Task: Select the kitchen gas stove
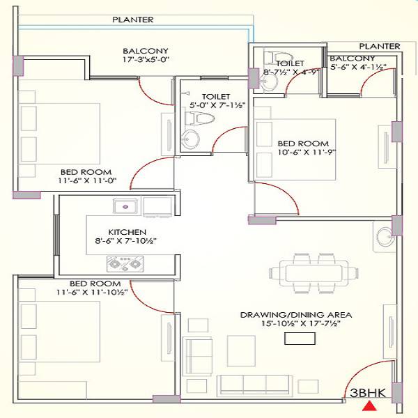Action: click(123, 263)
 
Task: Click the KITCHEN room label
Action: click(126, 231)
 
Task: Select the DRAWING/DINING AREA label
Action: click(296, 315)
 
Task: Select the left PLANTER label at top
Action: click(132, 20)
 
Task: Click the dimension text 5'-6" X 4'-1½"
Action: click(358, 68)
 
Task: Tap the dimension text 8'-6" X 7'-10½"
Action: click(126, 241)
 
